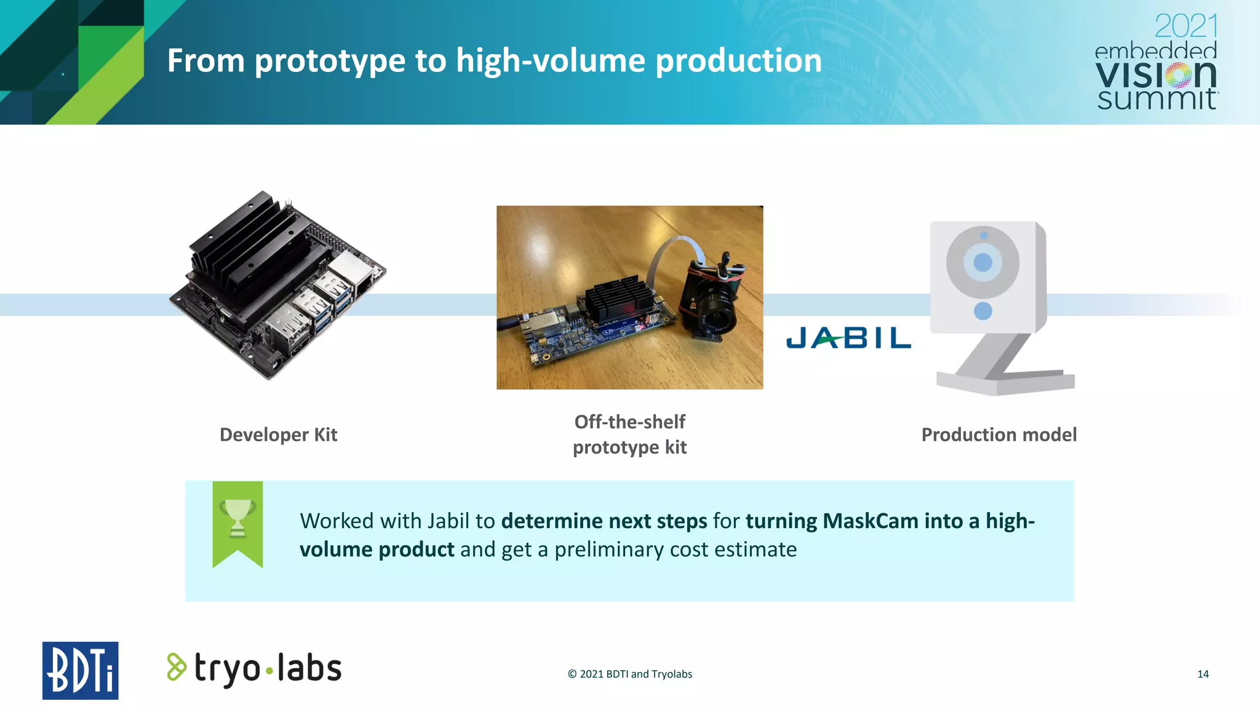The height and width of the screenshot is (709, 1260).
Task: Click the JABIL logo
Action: click(x=848, y=338)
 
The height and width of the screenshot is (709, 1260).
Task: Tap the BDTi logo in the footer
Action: click(x=80, y=670)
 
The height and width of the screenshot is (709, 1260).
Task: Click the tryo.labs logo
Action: click(x=254, y=669)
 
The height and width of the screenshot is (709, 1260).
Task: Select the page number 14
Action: click(x=1203, y=674)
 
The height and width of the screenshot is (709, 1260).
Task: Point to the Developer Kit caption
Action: click(x=278, y=435)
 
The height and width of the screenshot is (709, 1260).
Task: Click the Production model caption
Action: click(x=999, y=435)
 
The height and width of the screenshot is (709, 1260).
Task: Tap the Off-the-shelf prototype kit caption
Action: click(x=629, y=435)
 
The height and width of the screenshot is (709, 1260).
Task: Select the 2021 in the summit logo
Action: click(x=1186, y=26)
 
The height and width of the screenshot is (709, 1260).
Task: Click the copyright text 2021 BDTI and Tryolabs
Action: click(x=629, y=674)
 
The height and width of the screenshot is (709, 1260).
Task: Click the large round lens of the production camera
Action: click(x=983, y=262)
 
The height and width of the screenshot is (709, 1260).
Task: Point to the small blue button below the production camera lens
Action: click(x=983, y=311)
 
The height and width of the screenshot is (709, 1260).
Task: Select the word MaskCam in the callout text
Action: click(x=870, y=521)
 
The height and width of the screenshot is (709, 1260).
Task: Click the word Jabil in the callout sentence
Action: click(x=448, y=521)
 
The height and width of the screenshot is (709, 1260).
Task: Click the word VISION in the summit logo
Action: click(x=1155, y=75)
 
